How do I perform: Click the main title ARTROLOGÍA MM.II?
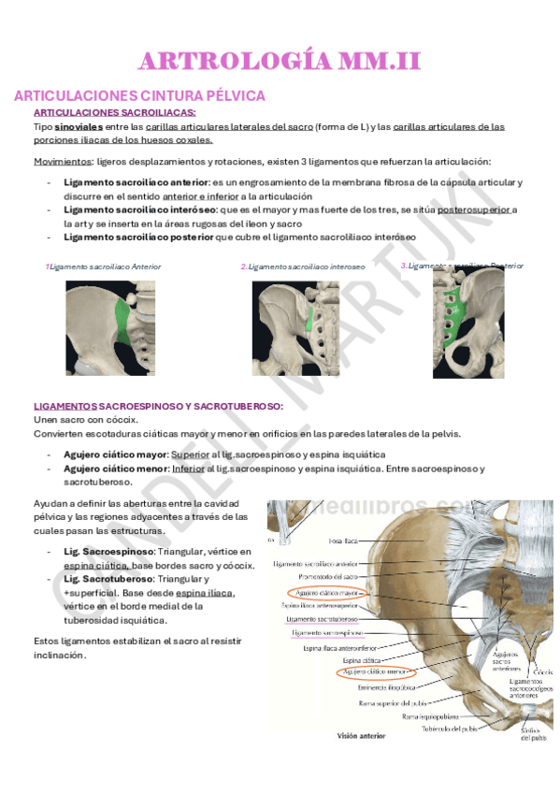point(280,62)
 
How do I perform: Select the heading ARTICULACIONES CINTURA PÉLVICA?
point(140,95)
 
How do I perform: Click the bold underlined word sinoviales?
point(78,126)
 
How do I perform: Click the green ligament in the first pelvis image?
point(121,323)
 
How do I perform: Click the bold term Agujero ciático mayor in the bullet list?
point(115,454)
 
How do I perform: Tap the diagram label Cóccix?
point(541,671)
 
